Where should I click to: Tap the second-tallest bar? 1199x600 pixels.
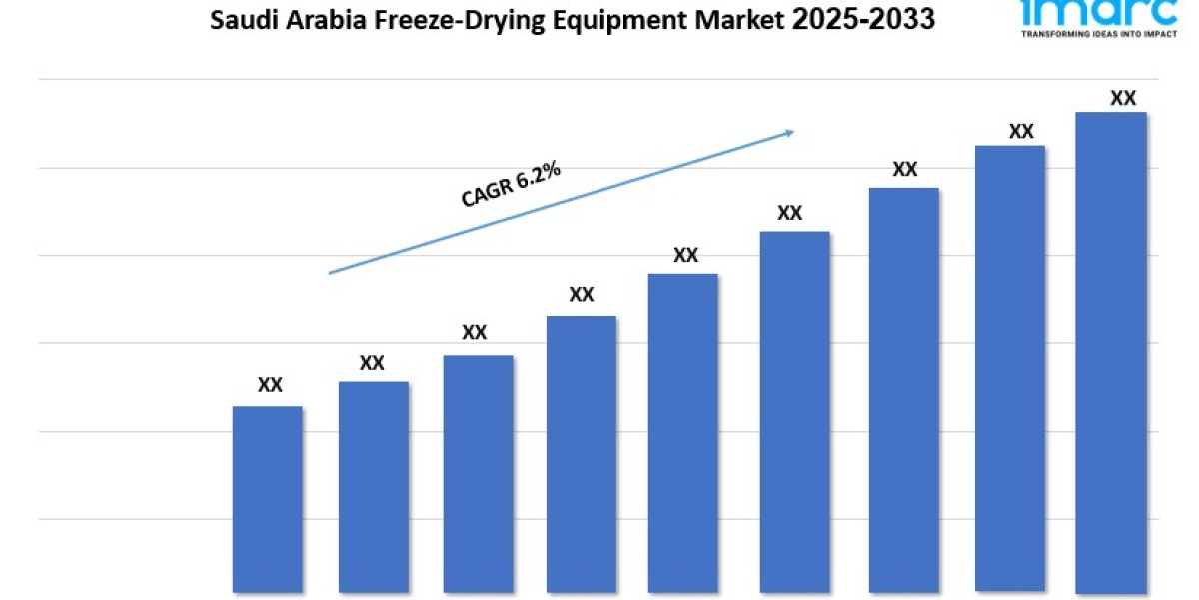tap(1009, 369)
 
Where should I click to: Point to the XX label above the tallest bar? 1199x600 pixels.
tap(1123, 98)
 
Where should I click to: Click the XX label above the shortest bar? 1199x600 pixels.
tap(270, 384)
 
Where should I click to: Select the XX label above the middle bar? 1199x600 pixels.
tap(685, 255)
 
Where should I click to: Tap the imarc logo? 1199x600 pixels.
tap(1096, 10)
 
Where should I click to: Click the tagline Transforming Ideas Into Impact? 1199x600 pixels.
tap(1096, 33)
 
